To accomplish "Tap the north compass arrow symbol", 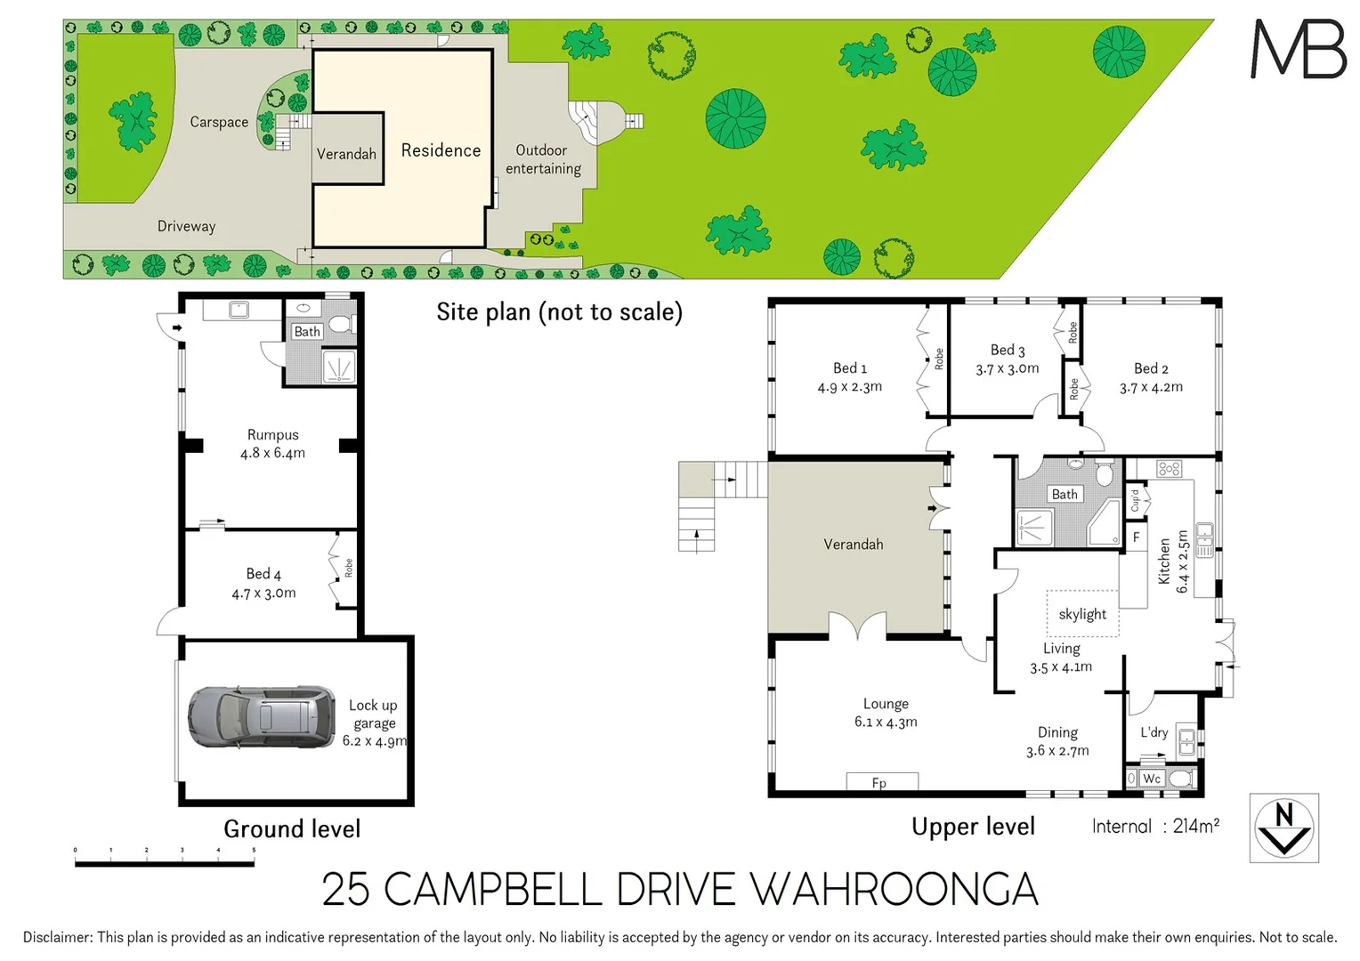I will tap(1283, 828).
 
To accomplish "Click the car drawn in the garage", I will tap(261, 716).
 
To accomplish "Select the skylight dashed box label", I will tap(1082, 614).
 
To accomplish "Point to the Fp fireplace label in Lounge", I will tap(879, 783).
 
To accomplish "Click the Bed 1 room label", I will tap(849, 368).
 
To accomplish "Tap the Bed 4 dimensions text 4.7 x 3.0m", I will tap(263, 594).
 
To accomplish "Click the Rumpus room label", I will tap(272, 435).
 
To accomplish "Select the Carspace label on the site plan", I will tap(219, 123).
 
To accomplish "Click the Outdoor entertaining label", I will tap(543, 159).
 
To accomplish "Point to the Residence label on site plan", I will tap(441, 150).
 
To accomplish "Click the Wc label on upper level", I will tap(1152, 779).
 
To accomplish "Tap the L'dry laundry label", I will tap(1154, 732).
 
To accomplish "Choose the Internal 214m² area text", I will tap(1155, 827).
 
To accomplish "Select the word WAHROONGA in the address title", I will tap(894, 890).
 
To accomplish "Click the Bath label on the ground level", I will tap(306, 332).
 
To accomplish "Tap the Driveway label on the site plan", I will tap(186, 226).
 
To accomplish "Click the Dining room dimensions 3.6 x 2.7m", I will tap(1056, 751).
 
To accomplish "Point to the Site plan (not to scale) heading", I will tap(559, 312).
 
